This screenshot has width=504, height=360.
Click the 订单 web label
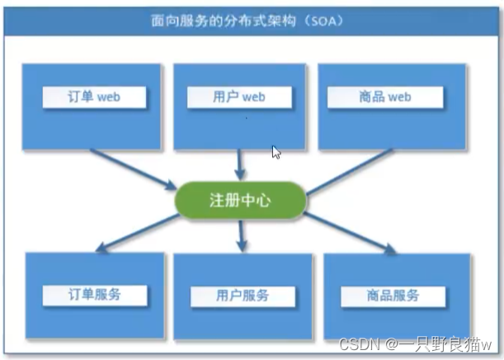[94, 97]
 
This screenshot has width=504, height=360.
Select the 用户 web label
[238, 97]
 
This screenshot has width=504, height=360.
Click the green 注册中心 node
[241, 200]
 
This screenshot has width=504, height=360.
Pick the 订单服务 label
[95, 294]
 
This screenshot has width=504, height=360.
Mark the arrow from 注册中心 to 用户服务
[242, 234]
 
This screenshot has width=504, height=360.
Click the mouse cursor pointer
[276, 152]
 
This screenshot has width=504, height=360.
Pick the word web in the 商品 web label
[399, 97]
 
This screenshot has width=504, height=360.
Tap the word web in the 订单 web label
[109, 97]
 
